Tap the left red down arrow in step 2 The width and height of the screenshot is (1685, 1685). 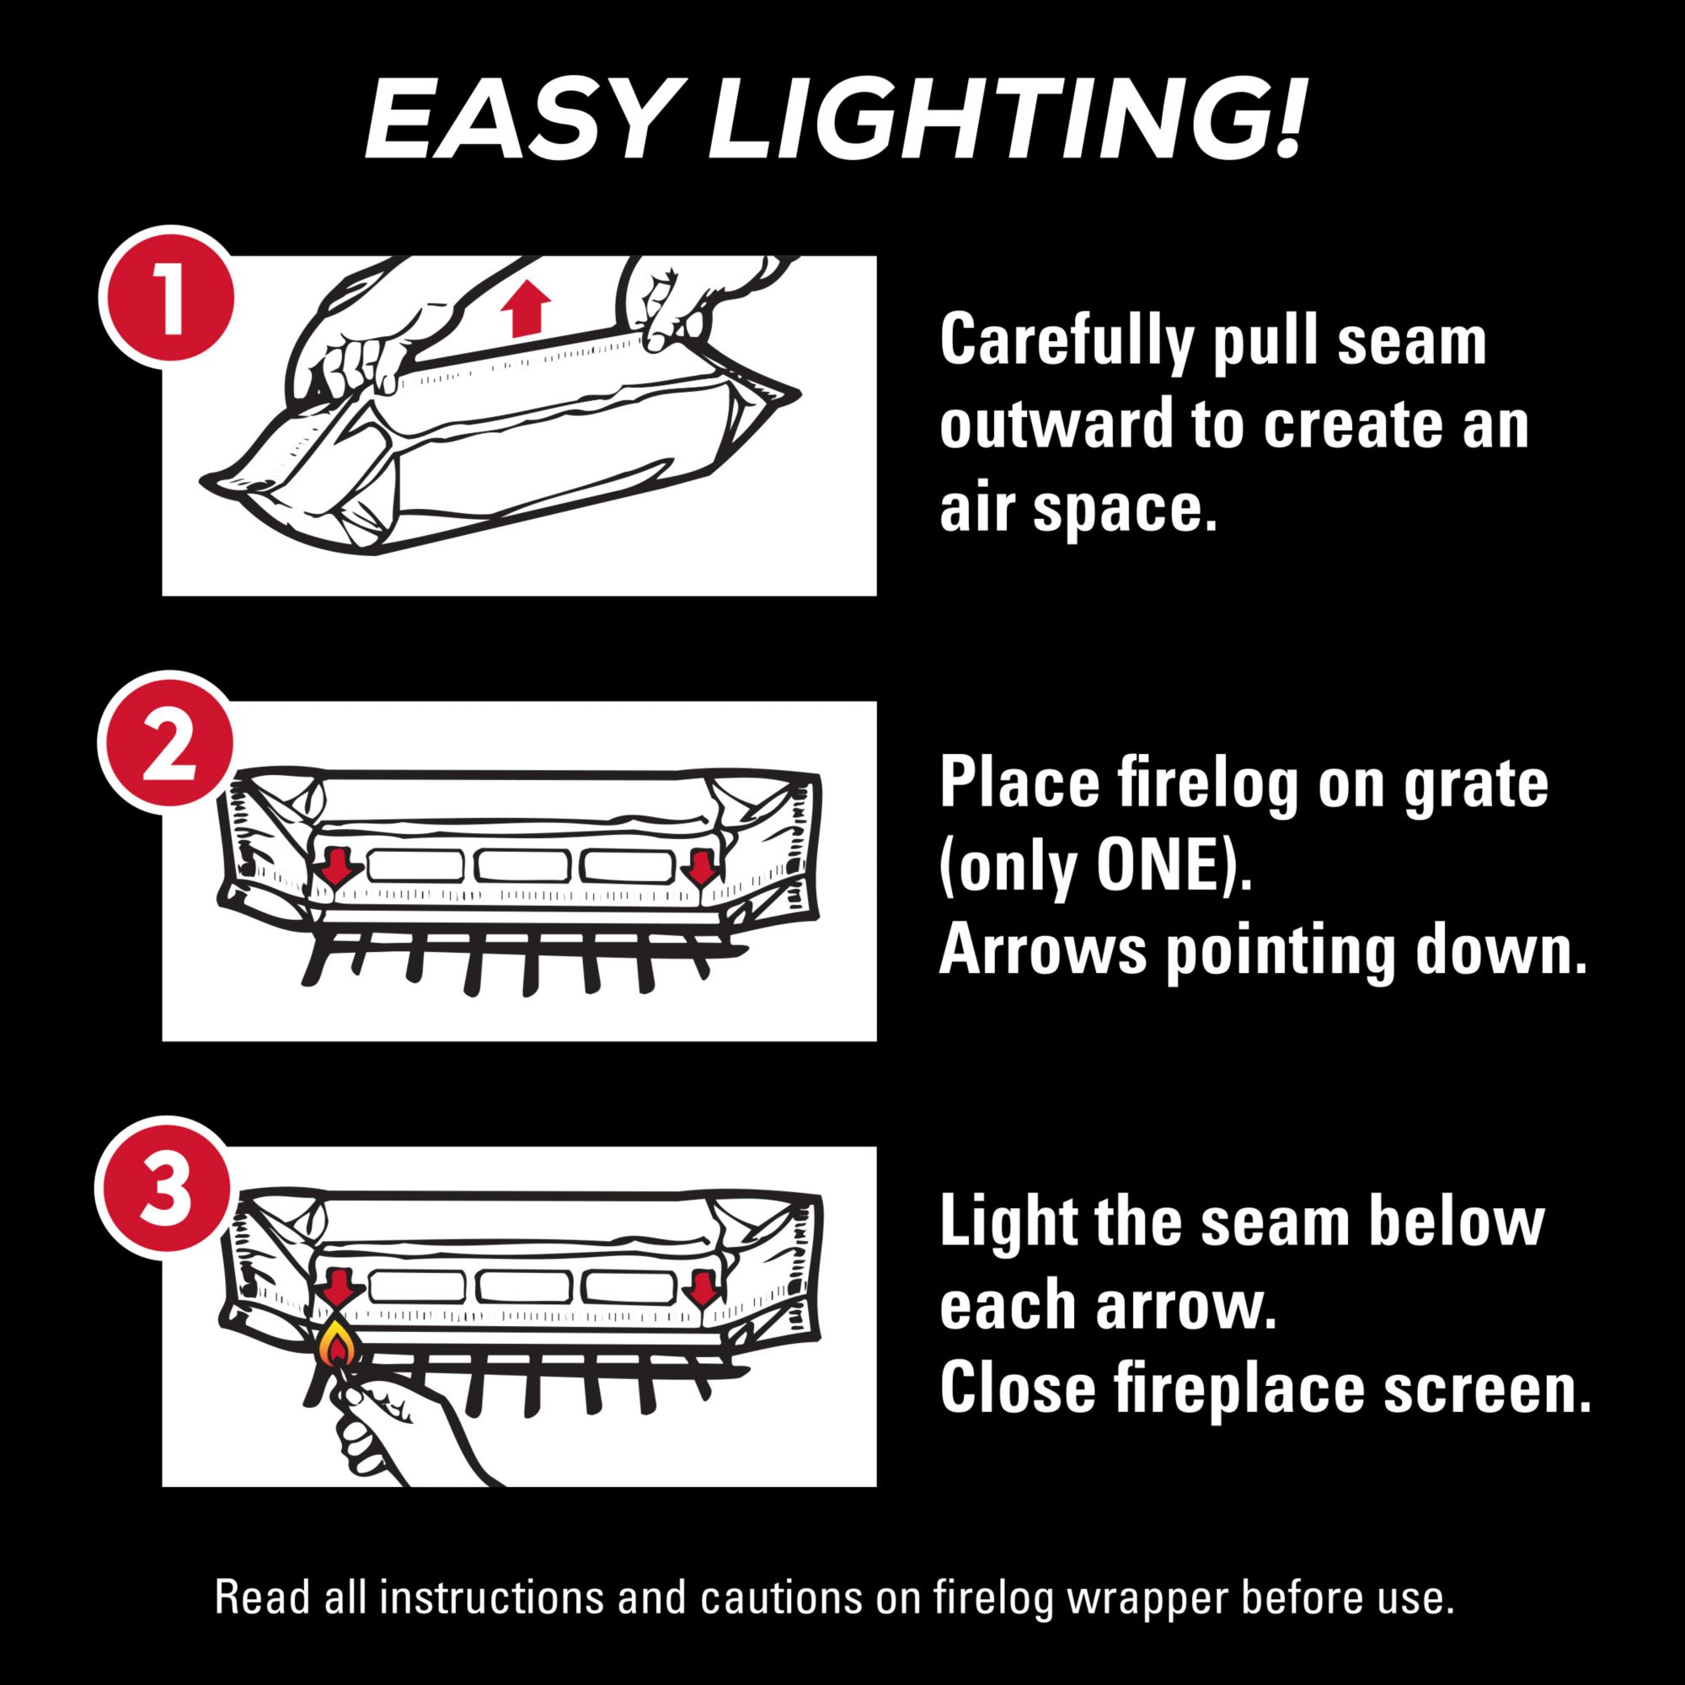(x=337, y=867)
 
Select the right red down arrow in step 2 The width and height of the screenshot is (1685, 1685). (x=699, y=867)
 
